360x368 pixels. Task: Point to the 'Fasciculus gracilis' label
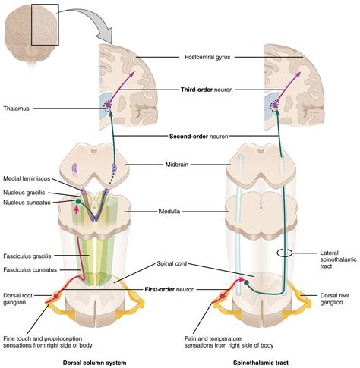pyautogui.click(x=28, y=257)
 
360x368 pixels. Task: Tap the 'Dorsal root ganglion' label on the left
pyautogui.click(x=17, y=300)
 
